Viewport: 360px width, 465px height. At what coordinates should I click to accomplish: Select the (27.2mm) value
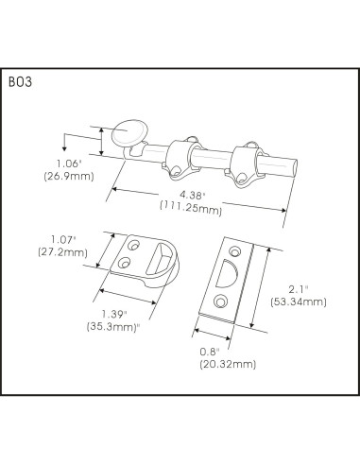click(61, 253)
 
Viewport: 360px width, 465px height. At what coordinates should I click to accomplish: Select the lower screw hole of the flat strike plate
click(220, 301)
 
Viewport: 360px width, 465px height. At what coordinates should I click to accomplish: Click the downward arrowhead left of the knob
click(64, 146)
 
